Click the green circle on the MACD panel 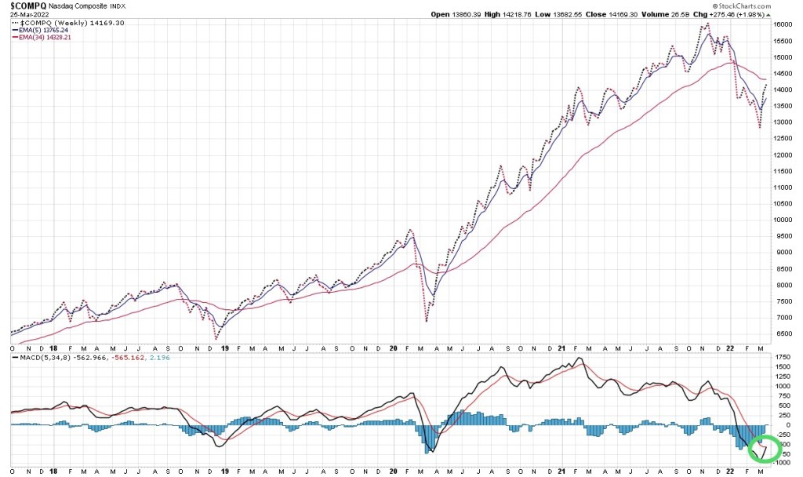click(x=765, y=450)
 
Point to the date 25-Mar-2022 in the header click(x=29, y=15)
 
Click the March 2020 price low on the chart click(x=426, y=321)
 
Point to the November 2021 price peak click(x=708, y=24)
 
